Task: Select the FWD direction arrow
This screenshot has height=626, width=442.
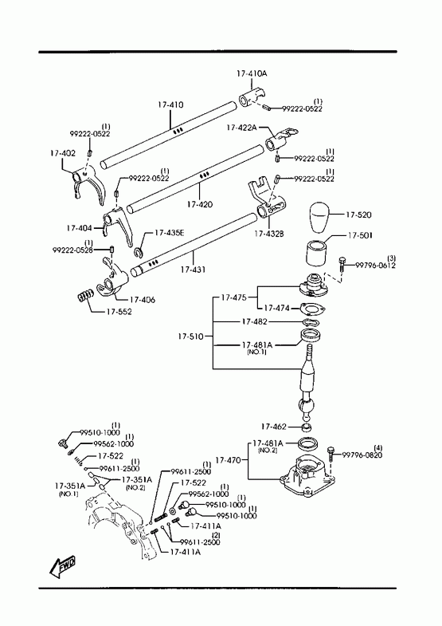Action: coord(62,566)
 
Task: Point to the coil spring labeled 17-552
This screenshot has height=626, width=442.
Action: coord(85,297)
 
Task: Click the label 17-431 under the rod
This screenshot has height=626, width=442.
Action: coord(193,270)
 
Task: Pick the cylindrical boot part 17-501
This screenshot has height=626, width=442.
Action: coord(316,253)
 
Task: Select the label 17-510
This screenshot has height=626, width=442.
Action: coord(190,337)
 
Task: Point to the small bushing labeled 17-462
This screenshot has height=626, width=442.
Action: coord(307,428)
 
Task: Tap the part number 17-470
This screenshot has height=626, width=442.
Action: coord(228,460)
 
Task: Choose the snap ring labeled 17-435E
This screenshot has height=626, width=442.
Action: coord(139,252)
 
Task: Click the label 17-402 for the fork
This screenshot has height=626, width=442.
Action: coord(63,153)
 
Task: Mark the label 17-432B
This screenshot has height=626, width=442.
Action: coord(269,234)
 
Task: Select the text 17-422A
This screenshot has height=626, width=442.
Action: coord(241,128)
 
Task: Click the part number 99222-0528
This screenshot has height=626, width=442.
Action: coord(72,250)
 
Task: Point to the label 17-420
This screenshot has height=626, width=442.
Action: coord(200,204)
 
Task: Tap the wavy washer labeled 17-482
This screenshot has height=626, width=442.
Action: coord(310,322)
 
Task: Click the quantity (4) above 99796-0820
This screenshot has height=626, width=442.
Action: coord(377,447)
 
